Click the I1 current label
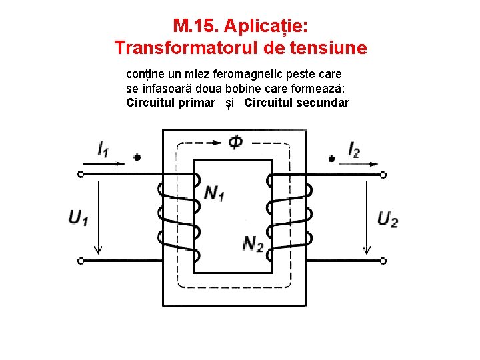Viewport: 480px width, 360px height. point(103,149)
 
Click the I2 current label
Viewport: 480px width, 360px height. point(354,150)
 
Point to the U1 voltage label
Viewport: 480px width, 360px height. point(78,217)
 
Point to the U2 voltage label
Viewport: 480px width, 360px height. point(387,219)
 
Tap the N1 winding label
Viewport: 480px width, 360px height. point(214,193)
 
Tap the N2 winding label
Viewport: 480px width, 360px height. point(252,244)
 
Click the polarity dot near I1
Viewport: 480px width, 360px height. point(137,158)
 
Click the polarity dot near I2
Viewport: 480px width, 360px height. point(331,159)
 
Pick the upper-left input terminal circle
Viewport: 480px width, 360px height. point(81,174)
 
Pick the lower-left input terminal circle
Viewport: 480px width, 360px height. point(81,261)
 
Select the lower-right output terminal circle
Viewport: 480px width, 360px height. point(383,261)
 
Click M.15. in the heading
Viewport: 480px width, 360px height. point(195,26)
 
